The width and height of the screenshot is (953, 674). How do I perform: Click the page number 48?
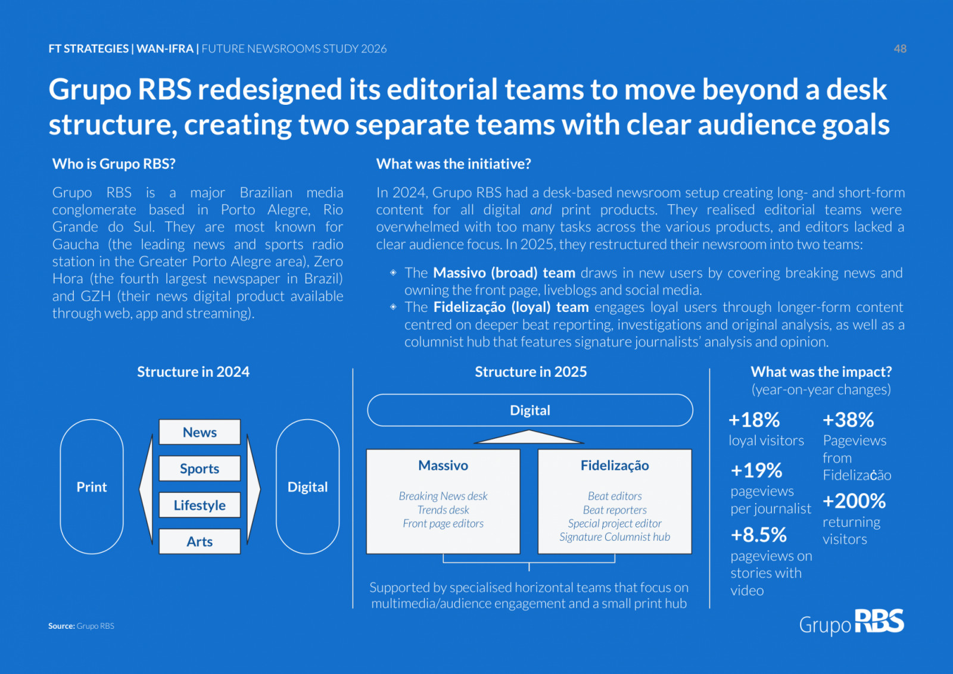[900, 49]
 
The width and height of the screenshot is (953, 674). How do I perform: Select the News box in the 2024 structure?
[200, 432]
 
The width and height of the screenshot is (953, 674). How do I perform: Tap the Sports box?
[200, 469]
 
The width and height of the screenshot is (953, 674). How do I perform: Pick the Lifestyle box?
[200, 505]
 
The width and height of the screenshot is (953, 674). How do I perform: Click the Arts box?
[200, 541]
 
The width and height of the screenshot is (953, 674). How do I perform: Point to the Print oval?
[92, 486]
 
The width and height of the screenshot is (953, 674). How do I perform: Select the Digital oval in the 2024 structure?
[307, 486]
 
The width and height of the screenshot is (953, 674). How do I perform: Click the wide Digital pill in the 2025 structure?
[530, 410]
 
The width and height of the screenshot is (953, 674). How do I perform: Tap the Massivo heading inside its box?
[443, 466]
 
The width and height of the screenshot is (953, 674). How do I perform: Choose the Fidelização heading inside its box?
[615, 466]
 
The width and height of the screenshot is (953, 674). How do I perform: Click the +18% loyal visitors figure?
[754, 420]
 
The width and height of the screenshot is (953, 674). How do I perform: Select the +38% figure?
[848, 420]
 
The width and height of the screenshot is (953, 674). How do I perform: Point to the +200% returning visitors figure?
[854, 501]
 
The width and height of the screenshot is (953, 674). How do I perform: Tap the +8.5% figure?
[759, 535]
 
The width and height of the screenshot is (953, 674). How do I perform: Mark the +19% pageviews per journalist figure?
[756, 471]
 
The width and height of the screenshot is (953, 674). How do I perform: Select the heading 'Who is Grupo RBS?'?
[114, 164]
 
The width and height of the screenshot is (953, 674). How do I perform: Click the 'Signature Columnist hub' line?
[615, 537]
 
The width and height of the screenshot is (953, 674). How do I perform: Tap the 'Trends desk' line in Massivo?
[443, 510]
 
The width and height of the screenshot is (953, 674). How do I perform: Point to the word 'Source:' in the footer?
[61, 626]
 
